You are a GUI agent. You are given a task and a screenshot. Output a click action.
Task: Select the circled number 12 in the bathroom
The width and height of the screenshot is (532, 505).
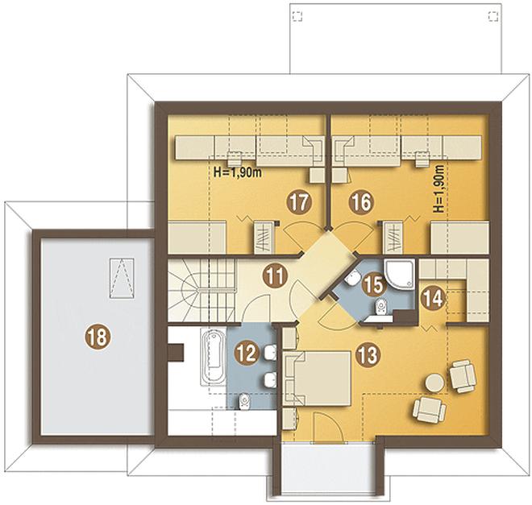(x=247, y=354)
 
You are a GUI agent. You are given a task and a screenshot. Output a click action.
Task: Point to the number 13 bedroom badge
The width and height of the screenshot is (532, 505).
(x=368, y=355)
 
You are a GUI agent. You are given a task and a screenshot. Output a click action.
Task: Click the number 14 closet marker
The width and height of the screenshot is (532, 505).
(x=433, y=300)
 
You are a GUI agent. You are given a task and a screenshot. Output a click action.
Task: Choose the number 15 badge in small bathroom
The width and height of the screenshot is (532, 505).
(x=373, y=284)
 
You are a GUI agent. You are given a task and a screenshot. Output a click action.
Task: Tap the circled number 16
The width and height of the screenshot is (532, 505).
(x=361, y=202)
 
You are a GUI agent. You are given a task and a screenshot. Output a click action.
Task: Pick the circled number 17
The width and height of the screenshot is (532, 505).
(x=299, y=202)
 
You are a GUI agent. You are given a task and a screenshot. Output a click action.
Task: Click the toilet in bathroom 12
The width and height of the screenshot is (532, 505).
(x=244, y=401)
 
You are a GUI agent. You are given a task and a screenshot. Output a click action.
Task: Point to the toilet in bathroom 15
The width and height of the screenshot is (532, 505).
(x=380, y=307)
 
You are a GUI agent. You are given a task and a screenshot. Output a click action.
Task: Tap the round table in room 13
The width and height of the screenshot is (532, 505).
(x=434, y=383)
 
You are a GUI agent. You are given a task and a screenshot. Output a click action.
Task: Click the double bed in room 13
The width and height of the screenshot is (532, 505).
(x=318, y=379)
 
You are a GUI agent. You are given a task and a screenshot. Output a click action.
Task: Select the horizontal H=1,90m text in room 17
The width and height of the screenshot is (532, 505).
(x=238, y=172)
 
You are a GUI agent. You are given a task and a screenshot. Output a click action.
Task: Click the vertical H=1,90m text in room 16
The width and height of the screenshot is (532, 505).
(x=439, y=188)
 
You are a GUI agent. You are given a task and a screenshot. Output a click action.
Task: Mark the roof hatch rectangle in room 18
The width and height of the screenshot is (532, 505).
(x=122, y=278)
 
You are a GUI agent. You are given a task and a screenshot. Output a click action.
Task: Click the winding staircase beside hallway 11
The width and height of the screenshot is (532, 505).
(x=202, y=291)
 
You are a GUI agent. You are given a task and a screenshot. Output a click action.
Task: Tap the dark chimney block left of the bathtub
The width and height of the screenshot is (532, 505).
(x=176, y=353)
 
